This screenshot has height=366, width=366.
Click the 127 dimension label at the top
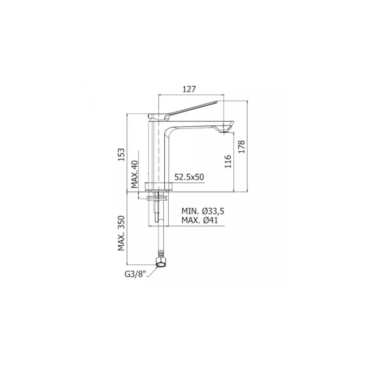pos(190,89)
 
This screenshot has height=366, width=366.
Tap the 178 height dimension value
pos(242,146)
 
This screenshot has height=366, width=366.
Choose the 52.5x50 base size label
pos(189,177)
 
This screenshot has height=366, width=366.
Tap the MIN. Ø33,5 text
pos(203,211)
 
